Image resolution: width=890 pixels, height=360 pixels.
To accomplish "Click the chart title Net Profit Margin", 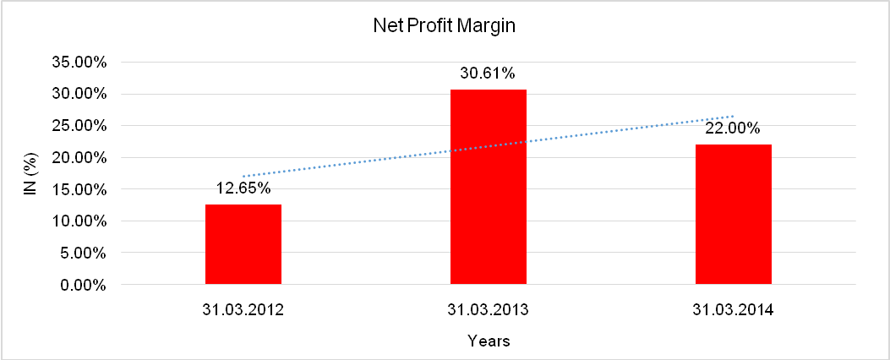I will [444, 26].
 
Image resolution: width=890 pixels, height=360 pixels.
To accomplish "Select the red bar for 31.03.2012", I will [243, 244].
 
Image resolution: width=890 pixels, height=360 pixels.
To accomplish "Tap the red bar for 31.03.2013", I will [489, 187].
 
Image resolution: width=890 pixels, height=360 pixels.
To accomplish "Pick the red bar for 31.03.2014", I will [733, 215].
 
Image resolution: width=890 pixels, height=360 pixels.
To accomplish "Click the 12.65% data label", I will [243, 189].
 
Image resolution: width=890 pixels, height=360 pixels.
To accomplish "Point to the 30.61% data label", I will [488, 74].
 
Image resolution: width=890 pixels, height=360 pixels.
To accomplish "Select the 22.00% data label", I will [733, 128].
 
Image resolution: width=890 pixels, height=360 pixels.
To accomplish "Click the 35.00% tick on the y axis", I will [79, 62].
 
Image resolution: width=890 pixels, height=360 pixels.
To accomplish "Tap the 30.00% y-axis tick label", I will [79, 94].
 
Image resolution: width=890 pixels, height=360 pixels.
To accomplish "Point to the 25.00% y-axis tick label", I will [79, 126].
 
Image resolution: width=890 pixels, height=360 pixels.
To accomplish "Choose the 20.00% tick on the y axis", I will [79, 158].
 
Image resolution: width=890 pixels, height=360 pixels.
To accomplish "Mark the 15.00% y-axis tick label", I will [79, 189].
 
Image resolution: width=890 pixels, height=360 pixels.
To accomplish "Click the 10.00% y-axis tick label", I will [79, 221].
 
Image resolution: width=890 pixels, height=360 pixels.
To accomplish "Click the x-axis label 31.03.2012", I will [243, 310].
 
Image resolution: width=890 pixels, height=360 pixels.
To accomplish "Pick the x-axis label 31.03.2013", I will [488, 310].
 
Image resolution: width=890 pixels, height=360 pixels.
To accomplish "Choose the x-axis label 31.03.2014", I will [733, 310].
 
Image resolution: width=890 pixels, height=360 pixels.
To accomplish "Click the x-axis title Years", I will [488, 341].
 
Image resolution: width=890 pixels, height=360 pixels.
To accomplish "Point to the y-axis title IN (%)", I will [30, 173].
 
